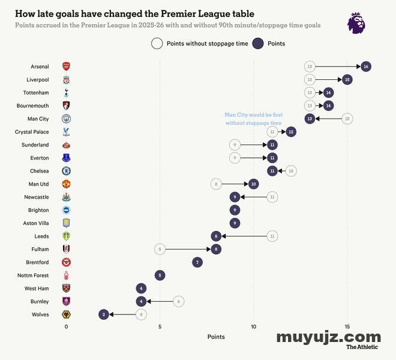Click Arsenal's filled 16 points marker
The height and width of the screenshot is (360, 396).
[x=365, y=66]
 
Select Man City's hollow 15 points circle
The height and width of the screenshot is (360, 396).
[x=347, y=119]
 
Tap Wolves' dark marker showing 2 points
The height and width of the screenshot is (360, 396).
[x=104, y=314]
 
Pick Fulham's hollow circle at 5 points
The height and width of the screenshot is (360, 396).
[x=160, y=249]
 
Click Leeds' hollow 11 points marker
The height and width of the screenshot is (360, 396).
[x=272, y=236]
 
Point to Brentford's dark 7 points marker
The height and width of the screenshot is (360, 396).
[x=197, y=262]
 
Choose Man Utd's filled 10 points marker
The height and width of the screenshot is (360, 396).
[x=253, y=184]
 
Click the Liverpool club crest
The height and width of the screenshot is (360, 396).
[x=66, y=80]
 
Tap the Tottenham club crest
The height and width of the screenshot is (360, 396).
[x=66, y=92]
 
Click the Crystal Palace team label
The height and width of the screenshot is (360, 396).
[x=32, y=132]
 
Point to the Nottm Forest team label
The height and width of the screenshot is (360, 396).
[x=33, y=275]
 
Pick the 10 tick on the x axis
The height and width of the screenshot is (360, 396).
[x=253, y=326]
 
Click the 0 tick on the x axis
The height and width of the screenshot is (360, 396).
[x=66, y=326]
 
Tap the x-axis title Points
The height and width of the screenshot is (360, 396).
[x=216, y=337]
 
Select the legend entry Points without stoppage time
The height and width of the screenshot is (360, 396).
[x=200, y=43]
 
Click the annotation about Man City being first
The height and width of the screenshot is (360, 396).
[x=253, y=119]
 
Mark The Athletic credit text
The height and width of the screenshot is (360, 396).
[x=362, y=347]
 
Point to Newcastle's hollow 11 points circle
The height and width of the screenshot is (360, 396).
[x=272, y=197]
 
